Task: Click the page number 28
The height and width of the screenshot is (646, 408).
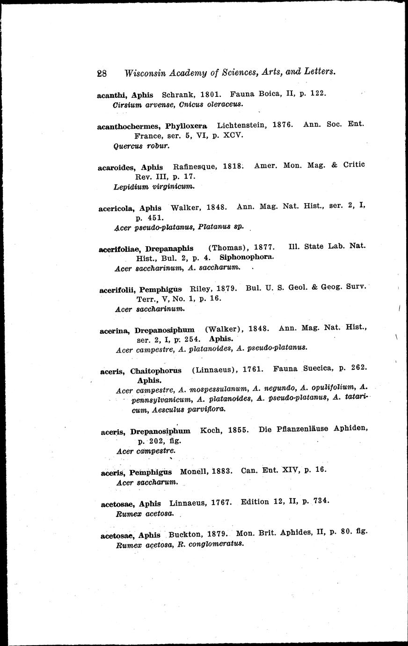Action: [102, 73]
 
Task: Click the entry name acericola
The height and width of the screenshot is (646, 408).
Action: [117, 208]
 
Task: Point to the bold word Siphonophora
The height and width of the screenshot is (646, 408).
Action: [246, 257]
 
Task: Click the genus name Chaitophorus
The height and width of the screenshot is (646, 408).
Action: [156, 371]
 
